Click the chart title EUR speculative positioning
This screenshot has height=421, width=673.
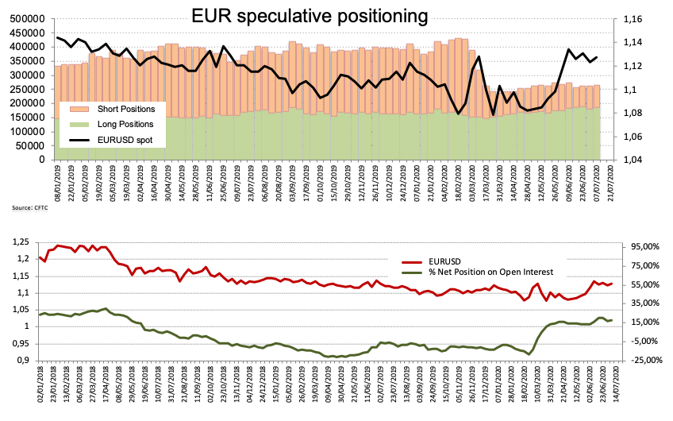[310, 15]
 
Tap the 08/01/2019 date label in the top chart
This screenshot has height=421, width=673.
[57, 180]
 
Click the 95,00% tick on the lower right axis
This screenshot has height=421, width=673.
[641, 245]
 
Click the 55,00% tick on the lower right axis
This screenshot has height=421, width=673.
[641, 284]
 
